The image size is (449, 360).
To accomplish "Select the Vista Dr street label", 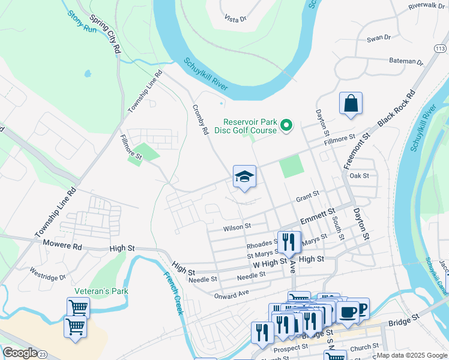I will click(x=235, y=19).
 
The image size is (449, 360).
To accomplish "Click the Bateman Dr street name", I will click(x=406, y=61).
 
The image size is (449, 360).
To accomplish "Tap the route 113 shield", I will click(x=441, y=47).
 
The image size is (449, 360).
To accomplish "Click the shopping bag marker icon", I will click(x=351, y=103).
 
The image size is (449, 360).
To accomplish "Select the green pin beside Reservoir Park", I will click(x=286, y=125).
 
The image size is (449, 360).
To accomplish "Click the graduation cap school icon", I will click(x=244, y=176).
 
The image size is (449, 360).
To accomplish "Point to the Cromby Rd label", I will click(x=200, y=119).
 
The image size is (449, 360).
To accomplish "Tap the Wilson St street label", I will click(x=236, y=227).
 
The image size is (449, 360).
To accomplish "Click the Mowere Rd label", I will click(x=62, y=245).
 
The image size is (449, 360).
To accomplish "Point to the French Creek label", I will click(x=173, y=293).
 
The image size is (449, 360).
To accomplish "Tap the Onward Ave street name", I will click(x=231, y=295).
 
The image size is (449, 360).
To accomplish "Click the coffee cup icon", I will click(x=348, y=311).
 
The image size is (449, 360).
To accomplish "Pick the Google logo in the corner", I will click(x=20, y=353).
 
